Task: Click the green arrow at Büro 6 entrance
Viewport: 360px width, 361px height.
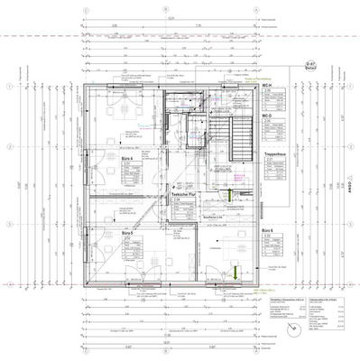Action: coord(233,268)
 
